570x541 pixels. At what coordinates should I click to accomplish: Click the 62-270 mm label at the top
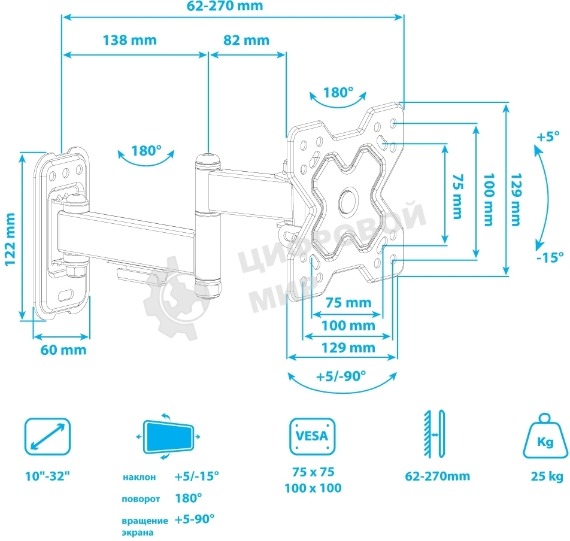point(225,6)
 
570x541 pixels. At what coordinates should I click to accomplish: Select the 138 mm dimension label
point(130,40)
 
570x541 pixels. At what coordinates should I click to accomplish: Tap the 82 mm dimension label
point(247,40)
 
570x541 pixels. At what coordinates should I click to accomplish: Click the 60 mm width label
point(63,350)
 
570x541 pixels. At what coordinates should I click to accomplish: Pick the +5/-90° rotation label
point(341,376)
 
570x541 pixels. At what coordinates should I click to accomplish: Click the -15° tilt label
point(550,257)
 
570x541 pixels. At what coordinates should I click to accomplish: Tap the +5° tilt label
point(548,137)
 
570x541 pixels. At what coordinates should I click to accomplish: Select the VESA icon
point(313,436)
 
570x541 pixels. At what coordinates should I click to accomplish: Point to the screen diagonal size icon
point(47,436)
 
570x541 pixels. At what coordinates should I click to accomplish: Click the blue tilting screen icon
point(168,436)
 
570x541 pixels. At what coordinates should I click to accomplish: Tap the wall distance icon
point(435,434)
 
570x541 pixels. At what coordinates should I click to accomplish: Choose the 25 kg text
point(547,476)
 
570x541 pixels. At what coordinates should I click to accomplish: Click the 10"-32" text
point(47,476)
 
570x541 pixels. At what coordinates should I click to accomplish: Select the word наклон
point(140,477)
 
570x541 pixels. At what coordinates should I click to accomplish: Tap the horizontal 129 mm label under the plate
point(348,348)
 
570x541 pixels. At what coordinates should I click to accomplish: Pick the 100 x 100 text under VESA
point(313,488)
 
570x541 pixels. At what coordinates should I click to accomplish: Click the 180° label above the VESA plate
point(338,93)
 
